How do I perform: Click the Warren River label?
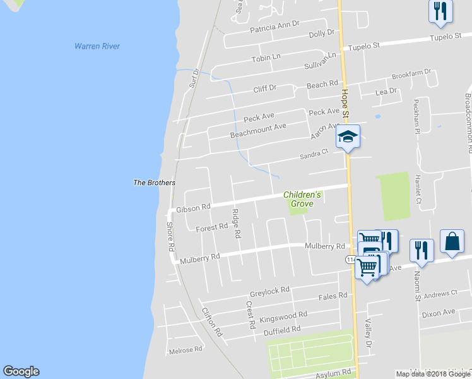tap(97, 46)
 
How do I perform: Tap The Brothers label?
tap(154, 183)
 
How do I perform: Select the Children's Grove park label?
tap(302, 199)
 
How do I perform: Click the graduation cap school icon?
tap(347, 136)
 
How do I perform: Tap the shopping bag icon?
tap(452, 241)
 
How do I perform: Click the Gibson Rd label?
tap(193, 208)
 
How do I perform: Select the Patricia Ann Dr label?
tap(274, 27)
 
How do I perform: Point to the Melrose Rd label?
tap(185, 349)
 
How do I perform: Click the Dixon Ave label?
tap(439, 312)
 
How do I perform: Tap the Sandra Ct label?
tap(314, 153)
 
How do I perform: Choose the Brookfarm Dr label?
tap(411, 75)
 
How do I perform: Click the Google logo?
tap(21, 371)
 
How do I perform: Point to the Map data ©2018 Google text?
tap(432, 374)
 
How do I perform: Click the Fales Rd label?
tap(333, 296)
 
